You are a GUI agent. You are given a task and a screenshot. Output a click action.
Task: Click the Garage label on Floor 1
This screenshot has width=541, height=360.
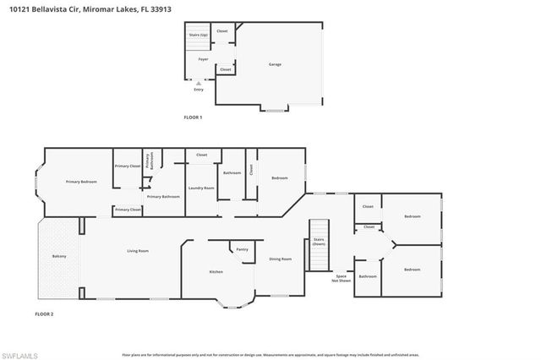tap(275, 64)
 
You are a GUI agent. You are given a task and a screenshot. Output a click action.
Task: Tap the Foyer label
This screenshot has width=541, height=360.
tap(204, 59)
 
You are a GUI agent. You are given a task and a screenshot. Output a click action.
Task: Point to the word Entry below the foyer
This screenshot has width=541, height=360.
tap(199, 88)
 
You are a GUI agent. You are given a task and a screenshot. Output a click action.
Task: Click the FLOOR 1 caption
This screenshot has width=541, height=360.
tap(194, 117)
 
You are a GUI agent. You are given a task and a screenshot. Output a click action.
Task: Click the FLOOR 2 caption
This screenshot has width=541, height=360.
tap(44, 314)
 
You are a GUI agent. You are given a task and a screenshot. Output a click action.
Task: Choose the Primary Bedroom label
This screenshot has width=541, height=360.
tap(82, 182)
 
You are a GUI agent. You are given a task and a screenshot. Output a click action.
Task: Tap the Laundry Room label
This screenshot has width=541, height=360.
tap(201, 188)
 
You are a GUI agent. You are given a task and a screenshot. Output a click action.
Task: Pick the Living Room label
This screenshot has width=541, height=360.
tap(138, 251)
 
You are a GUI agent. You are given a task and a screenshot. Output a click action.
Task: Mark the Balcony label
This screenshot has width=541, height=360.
tap(59, 255)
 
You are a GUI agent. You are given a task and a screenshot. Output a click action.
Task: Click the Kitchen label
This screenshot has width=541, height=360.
tap(216, 271)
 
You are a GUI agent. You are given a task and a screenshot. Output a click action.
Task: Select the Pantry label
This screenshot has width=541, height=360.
tap(242, 249)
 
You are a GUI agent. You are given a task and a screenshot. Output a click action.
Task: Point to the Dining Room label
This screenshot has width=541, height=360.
tap(280, 259)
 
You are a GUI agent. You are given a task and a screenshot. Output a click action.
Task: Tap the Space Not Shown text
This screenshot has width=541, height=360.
tap(342, 278)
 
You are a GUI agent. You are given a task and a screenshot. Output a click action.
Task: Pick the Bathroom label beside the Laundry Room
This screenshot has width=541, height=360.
tap(232, 172)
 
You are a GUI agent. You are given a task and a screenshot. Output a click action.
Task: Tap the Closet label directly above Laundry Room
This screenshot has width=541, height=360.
tap(201, 155)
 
